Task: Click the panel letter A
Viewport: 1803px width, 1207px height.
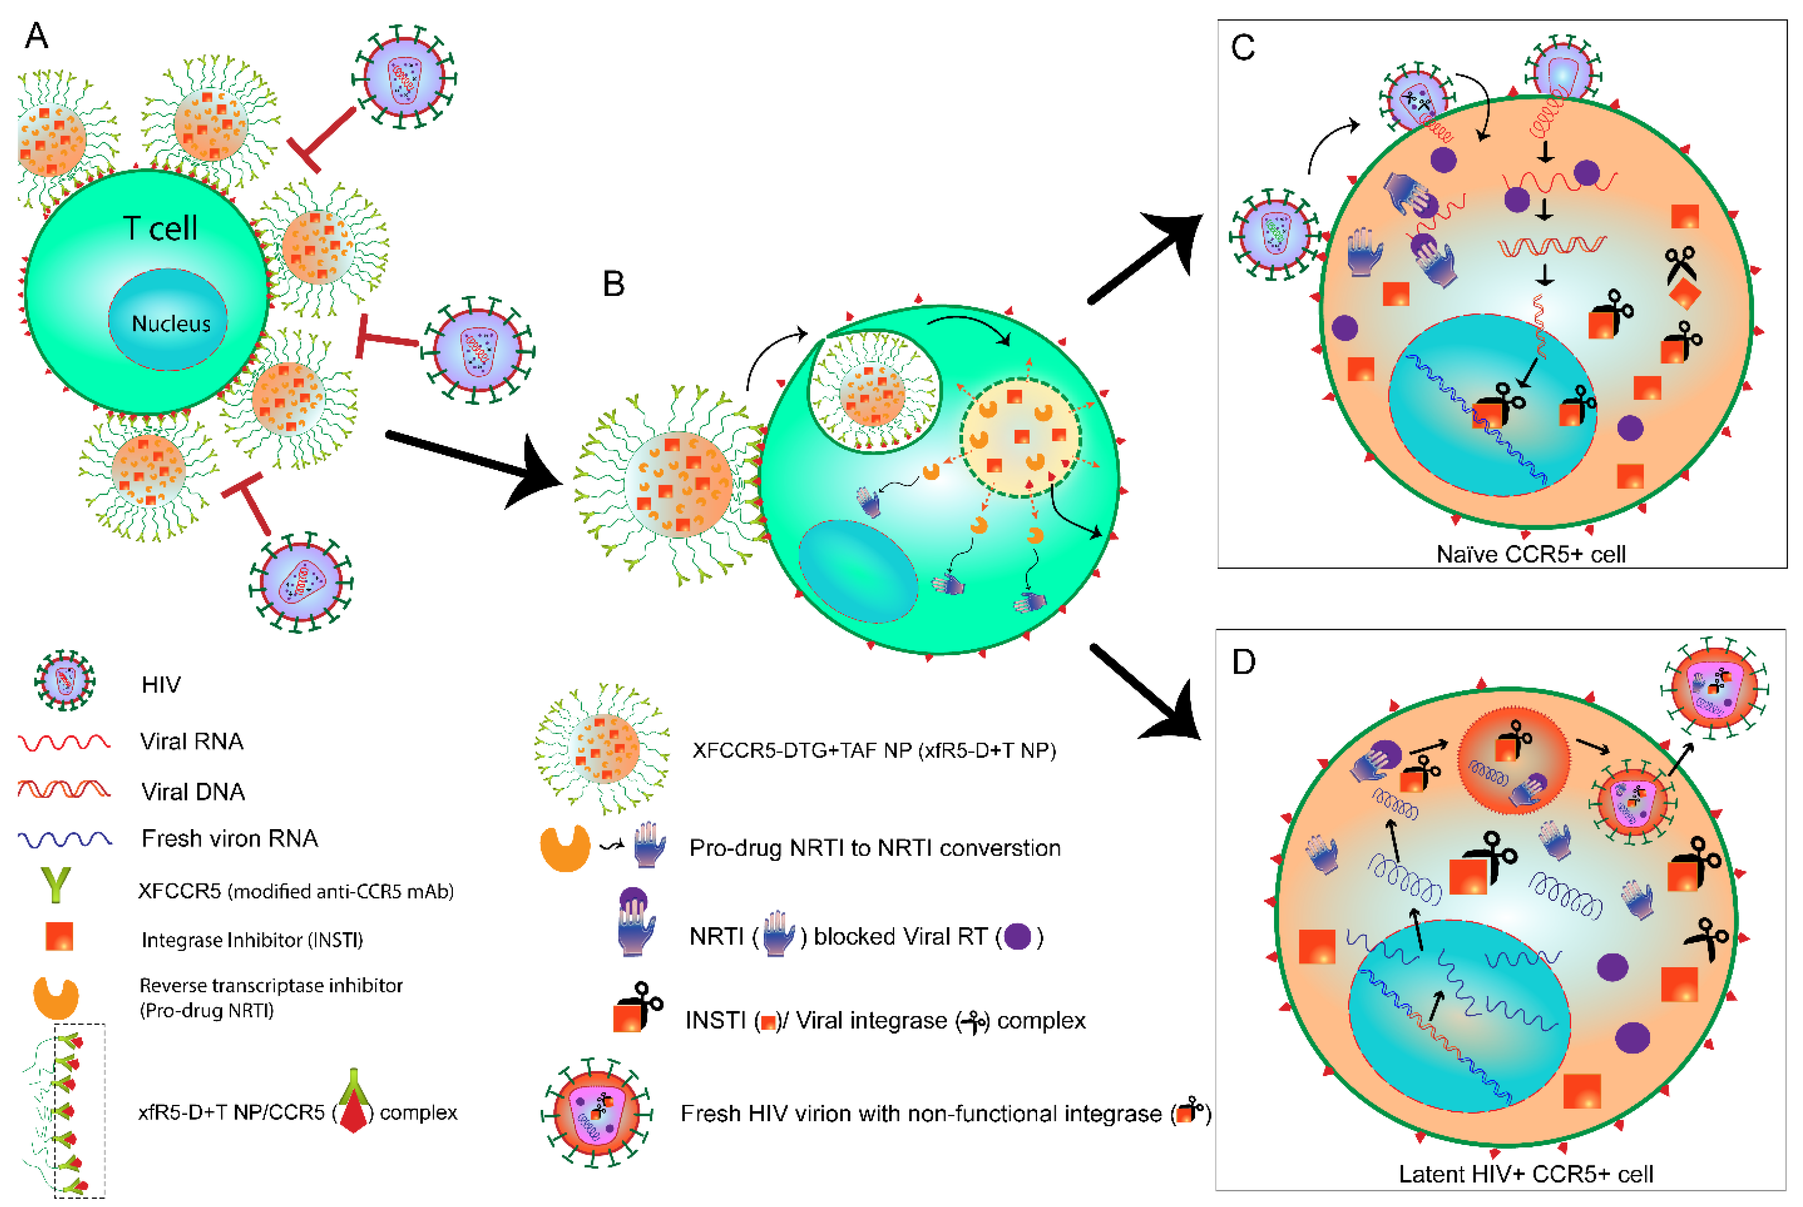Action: [36, 35]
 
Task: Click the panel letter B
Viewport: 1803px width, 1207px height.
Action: [613, 284]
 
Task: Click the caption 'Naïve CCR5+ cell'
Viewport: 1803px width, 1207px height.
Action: [1531, 554]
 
